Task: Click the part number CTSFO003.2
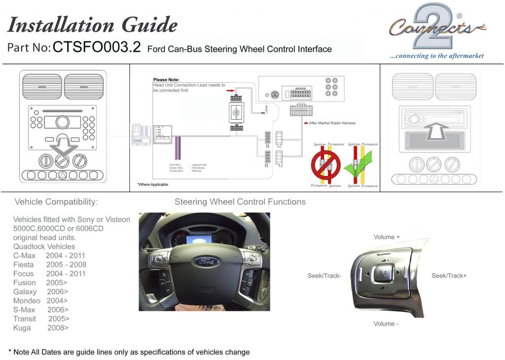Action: coord(97,47)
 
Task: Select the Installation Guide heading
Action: coord(92,25)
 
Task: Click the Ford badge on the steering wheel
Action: coord(206,261)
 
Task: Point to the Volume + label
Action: coord(387,237)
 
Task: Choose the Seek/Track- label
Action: coord(325,276)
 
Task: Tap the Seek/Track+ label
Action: coord(449,276)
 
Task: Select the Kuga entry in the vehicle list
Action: coord(22,328)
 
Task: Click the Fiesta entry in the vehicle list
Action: coord(24,265)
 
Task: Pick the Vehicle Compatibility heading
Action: coord(56,202)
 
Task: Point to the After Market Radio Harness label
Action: coord(331,123)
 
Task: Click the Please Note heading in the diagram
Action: coord(166,80)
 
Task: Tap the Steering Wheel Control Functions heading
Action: coord(240,202)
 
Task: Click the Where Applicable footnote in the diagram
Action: coord(152,184)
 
